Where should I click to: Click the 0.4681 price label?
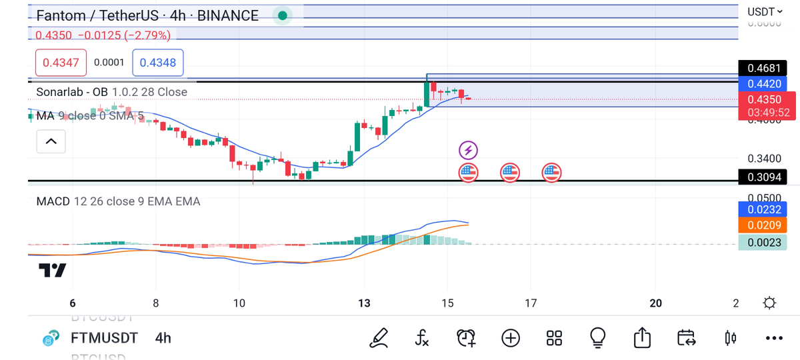[763, 68]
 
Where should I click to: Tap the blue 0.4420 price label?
[763, 84]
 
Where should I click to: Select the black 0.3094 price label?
[763, 177]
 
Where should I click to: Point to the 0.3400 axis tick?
[763, 159]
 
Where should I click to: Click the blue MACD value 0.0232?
[763, 209]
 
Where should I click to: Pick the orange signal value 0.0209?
[763, 225]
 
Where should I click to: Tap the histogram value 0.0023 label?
[763, 242]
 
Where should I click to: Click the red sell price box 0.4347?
[61, 63]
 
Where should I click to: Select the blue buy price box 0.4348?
[159, 63]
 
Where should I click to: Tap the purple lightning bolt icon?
[469, 150]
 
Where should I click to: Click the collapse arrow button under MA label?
[51, 141]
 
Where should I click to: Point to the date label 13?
[364, 303]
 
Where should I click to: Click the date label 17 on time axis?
[531, 303]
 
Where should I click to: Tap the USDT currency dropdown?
[765, 11]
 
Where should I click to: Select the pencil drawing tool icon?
[379, 338]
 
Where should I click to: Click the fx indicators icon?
[421, 338]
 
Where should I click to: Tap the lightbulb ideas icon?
[598, 338]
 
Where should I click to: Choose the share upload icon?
[642, 338]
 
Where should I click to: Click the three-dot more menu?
[773, 338]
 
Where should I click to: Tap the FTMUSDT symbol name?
[104, 338]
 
